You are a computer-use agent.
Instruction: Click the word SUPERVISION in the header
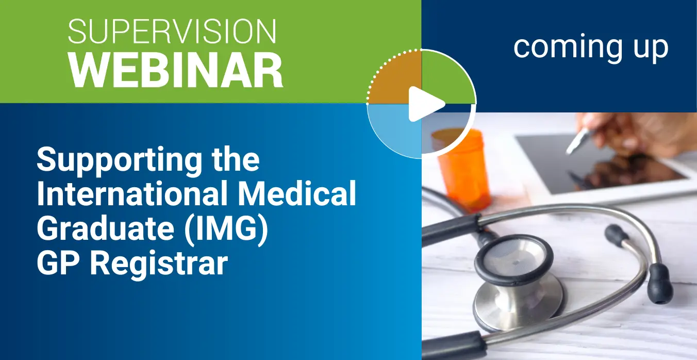(172, 31)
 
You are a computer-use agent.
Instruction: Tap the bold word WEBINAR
(176, 70)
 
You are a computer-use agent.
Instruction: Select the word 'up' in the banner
(651, 51)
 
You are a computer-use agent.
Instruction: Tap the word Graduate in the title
(106, 228)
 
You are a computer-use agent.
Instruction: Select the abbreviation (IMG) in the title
(226, 229)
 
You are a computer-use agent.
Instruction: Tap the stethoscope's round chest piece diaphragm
(514, 259)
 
